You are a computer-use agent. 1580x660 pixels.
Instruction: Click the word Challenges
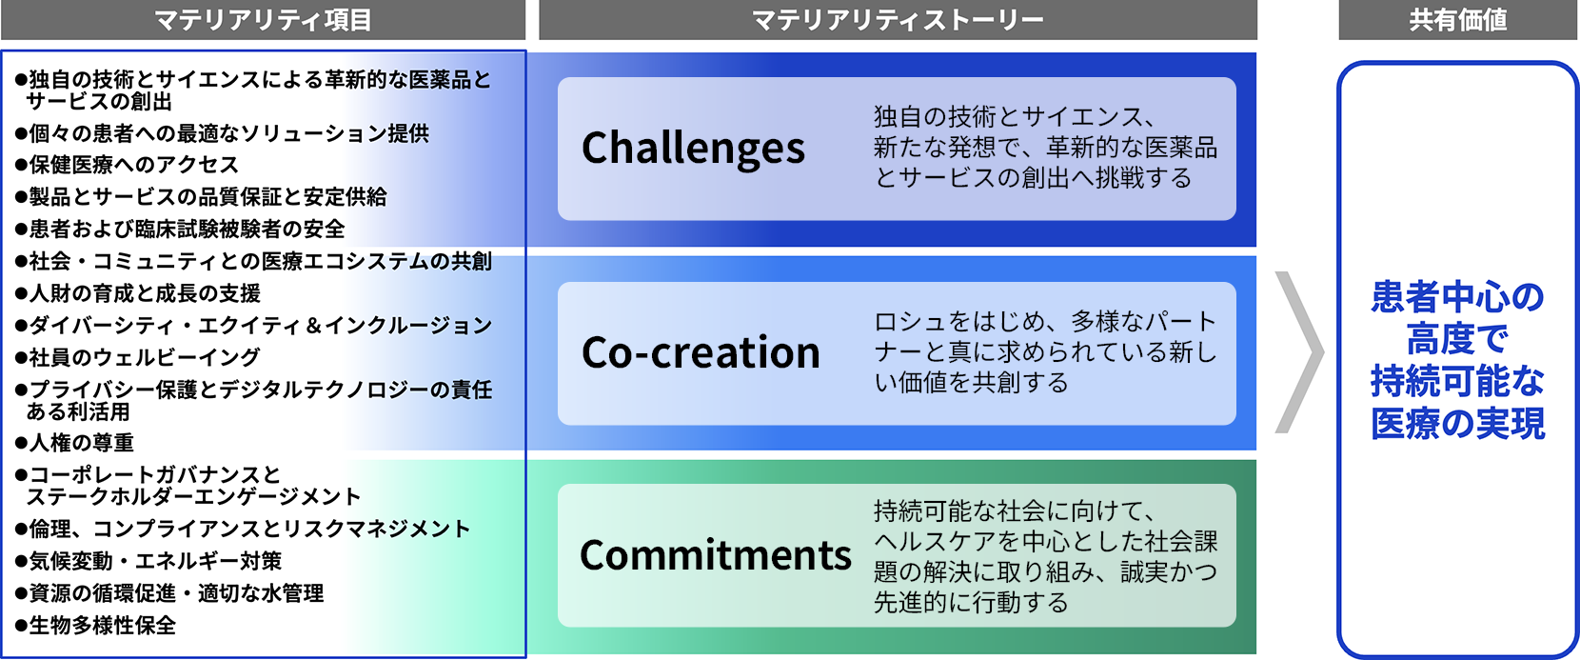[693, 149]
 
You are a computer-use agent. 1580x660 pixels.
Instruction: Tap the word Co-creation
[701, 352]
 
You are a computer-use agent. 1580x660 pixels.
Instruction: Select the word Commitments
[715, 555]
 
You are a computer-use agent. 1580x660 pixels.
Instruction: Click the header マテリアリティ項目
[263, 20]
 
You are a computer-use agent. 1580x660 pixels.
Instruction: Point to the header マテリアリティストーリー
[898, 20]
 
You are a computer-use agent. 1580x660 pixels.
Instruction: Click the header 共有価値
[1457, 20]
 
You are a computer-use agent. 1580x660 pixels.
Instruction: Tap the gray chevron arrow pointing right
[1298, 352]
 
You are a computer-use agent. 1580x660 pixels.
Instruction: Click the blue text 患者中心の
[1457, 297]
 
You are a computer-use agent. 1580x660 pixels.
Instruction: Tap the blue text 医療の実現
[1457, 424]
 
